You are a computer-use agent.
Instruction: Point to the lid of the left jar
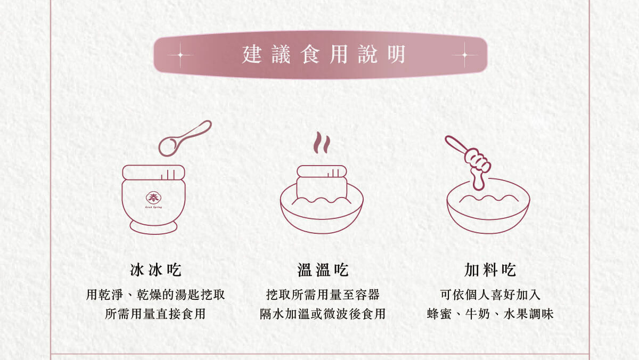tap(153, 172)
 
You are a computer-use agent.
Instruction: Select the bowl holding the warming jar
tap(322, 216)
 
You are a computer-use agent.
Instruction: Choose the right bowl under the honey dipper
tap(488, 213)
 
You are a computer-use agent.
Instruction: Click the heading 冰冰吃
tap(155, 270)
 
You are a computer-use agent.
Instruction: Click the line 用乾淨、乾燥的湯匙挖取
tap(155, 294)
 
